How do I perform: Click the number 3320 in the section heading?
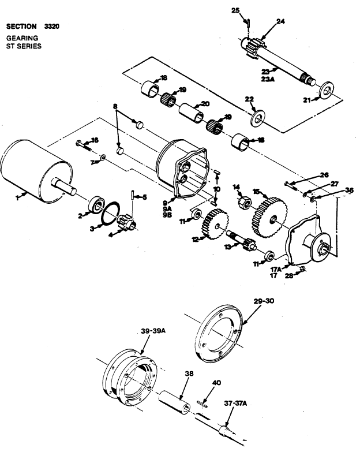click(x=52, y=27)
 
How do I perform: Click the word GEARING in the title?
click(x=22, y=38)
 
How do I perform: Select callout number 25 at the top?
click(x=235, y=10)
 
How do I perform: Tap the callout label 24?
click(x=280, y=21)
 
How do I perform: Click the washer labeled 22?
click(x=257, y=118)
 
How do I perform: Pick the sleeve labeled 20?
click(x=191, y=113)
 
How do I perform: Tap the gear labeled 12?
click(x=215, y=225)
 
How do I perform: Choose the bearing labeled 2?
click(x=96, y=204)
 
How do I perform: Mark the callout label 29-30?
click(x=264, y=301)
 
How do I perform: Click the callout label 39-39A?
click(x=153, y=331)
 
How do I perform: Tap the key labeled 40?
click(x=202, y=404)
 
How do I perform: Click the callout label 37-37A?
click(x=235, y=404)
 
